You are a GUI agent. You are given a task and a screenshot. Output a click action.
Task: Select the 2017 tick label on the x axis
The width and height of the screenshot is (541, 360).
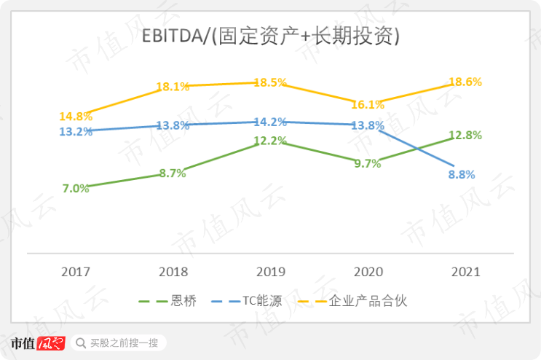pos(76,272)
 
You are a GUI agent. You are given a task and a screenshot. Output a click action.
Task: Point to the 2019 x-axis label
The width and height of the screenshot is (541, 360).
pos(271,272)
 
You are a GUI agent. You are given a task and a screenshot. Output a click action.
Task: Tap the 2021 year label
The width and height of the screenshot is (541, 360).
pos(465,272)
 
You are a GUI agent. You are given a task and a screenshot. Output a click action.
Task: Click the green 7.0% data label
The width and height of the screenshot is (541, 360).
pos(76,188)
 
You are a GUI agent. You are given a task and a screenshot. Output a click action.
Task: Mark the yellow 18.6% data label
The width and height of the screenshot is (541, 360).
pos(465,82)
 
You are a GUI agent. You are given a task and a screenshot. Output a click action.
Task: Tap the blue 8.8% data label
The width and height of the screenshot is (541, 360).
pos(461,175)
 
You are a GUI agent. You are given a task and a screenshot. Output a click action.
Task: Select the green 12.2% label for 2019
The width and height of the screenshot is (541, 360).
pos(270,141)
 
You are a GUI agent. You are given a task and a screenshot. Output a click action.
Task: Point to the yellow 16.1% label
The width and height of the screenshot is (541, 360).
pos(368,105)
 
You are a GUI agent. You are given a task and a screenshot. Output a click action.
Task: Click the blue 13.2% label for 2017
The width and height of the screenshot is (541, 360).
pos(76,132)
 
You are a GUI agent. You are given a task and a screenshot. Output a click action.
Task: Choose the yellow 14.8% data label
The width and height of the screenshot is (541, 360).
pos(76,117)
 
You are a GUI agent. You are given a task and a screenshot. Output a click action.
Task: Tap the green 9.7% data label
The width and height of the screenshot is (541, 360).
pos(368,164)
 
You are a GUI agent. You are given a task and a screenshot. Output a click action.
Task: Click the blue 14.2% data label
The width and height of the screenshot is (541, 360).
pos(270,122)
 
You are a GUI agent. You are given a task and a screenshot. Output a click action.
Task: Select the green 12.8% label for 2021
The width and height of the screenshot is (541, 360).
pos(465,135)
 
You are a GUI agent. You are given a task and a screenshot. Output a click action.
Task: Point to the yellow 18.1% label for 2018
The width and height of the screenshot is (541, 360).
pos(173,87)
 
